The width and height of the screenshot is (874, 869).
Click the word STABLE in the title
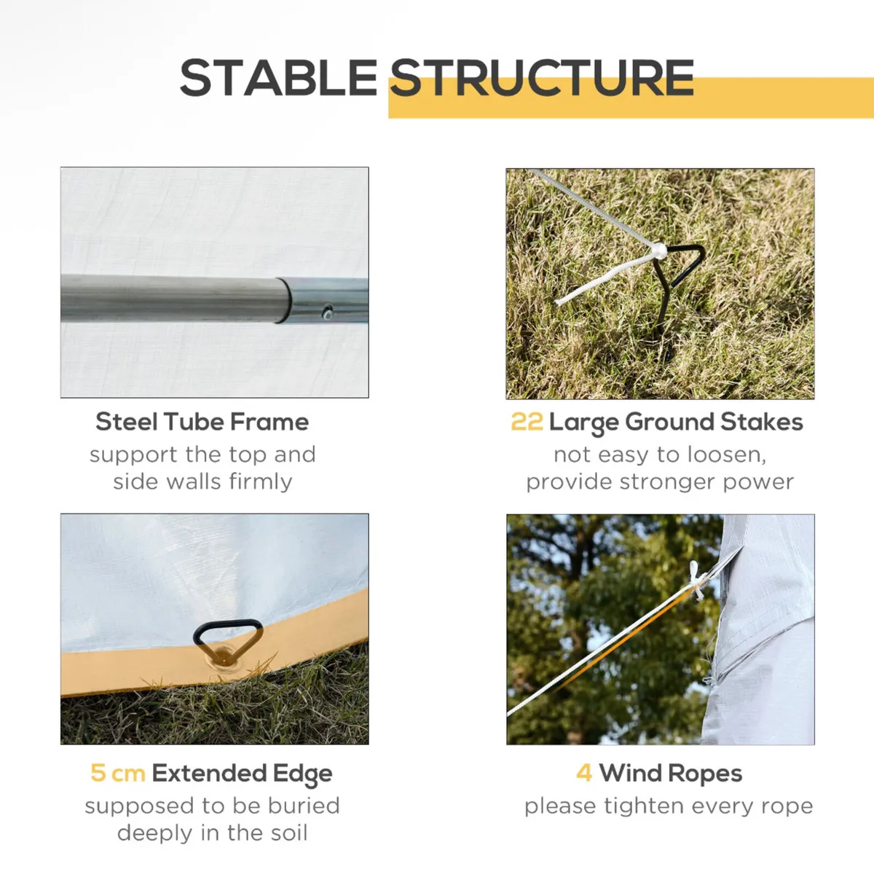click(278, 78)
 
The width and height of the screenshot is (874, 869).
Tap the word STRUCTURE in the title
click(542, 78)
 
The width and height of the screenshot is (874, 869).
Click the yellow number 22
click(527, 422)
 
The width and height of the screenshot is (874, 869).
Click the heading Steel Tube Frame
click(202, 422)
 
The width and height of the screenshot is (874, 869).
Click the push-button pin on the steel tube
click(327, 312)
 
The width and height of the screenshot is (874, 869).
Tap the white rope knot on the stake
click(658, 251)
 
